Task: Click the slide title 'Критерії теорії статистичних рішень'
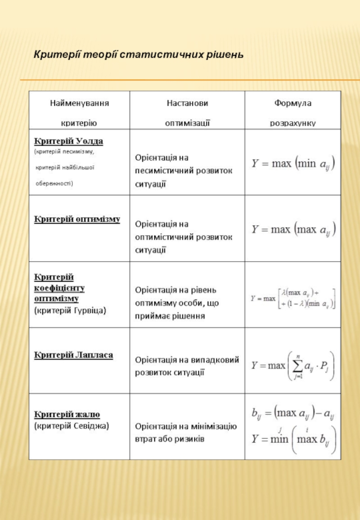(139, 55)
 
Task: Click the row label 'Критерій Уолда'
(69, 141)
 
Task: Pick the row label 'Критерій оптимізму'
(77, 219)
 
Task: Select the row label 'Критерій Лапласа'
(74, 355)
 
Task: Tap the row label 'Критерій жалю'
(67, 414)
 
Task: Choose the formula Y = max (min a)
(293, 163)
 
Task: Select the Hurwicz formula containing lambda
(293, 298)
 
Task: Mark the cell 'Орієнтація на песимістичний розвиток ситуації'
(184, 171)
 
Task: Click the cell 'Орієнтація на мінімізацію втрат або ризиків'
(186, 432)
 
